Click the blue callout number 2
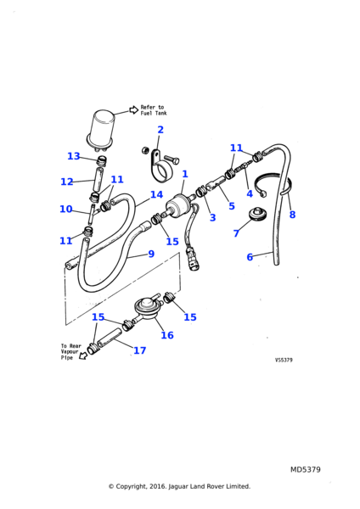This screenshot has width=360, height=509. point(160,130)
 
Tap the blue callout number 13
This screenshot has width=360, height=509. point(73,156)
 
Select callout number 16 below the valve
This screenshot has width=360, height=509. point(167,335)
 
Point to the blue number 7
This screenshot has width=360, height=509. point(236,233)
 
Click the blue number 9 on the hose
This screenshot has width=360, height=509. point(151,254)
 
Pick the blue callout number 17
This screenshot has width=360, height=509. point(140,350)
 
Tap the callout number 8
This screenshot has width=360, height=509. point(292,215)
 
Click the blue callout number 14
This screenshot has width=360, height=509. point(156,194)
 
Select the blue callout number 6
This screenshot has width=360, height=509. point(250,257)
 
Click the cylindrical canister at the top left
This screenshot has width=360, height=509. point(100,129)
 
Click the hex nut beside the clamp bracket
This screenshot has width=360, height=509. point(145,150)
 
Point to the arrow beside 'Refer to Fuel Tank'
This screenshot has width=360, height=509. point(133,109)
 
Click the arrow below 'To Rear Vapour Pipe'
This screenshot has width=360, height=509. point(83,355)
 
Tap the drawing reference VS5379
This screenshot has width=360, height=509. point(284,360)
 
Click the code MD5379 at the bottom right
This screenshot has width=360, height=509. point(305,469)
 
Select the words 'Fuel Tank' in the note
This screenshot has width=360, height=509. point(154,113)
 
